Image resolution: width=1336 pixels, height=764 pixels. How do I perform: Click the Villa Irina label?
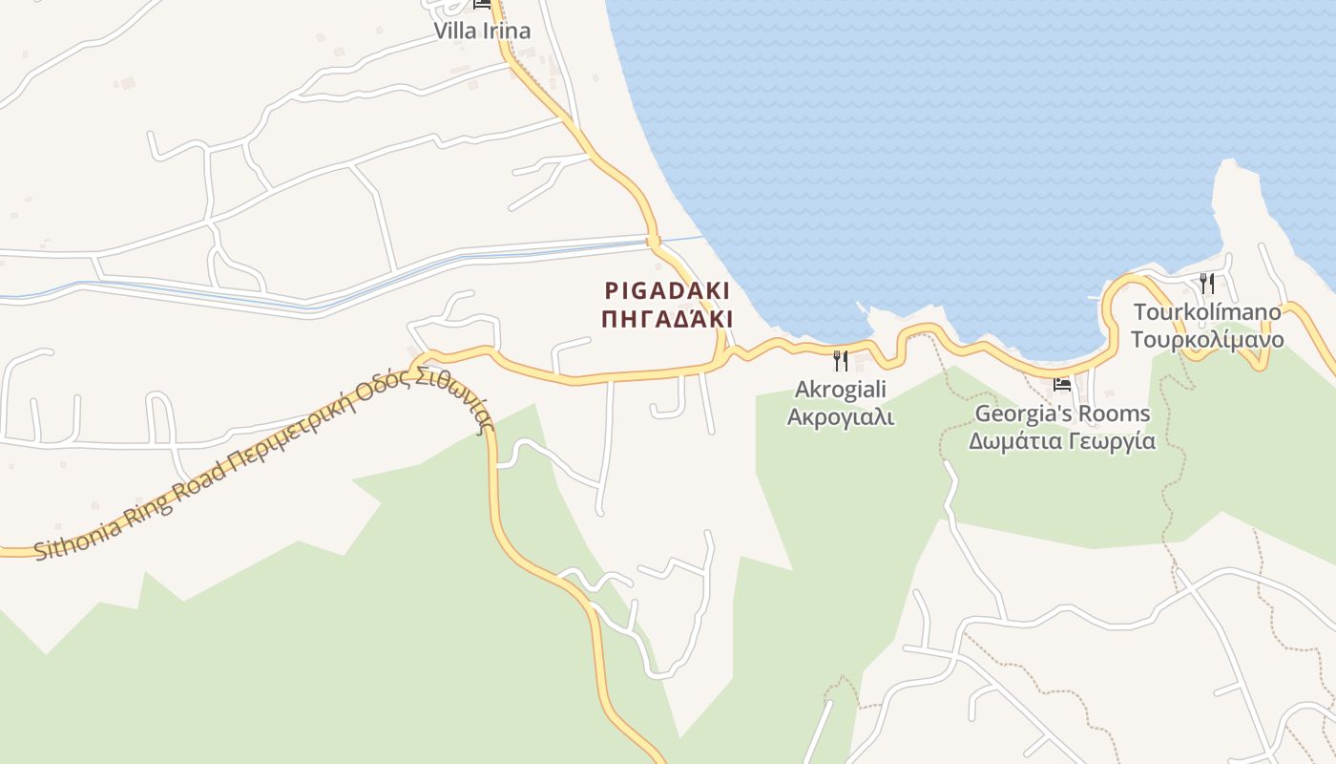[482, 31]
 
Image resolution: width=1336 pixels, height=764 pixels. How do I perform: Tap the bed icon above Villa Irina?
[482, 4]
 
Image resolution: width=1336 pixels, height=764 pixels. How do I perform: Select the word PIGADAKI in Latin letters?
[667, 291]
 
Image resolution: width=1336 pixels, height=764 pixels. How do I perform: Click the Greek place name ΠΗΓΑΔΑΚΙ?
[667, 319]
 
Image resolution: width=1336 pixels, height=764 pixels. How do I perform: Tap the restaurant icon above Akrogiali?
[841, 361]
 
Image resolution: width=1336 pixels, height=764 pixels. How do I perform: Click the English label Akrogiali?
[841, 390]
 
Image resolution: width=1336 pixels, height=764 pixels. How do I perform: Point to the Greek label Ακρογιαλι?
[841, 417]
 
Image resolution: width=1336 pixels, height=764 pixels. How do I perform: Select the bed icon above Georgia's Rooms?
[1062, 385]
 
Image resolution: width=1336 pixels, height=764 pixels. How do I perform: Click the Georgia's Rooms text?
[1062, 414]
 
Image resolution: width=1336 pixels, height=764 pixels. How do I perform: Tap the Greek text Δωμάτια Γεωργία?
[1062, 441]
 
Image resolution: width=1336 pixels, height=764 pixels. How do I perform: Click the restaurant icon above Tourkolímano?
[1207, 284]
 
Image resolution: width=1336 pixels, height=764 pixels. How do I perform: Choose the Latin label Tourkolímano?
[1207, 312]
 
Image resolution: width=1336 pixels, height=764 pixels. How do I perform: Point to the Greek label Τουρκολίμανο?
[1207, 340]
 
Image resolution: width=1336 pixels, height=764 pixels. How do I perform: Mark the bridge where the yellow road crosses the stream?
[654, 240]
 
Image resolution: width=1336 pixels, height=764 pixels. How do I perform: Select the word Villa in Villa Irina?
[453, 31]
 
